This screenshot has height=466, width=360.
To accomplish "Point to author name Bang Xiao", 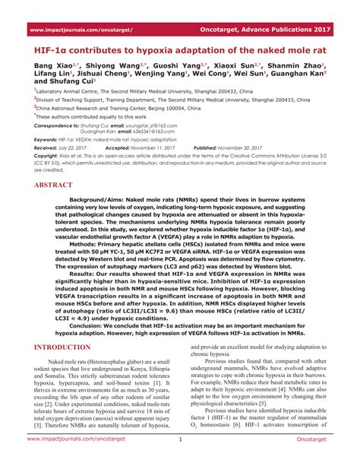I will pyautogui.click(x=51, y=66).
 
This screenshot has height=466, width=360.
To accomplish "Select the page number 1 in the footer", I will pyautogui.click(x=180, y=459).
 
